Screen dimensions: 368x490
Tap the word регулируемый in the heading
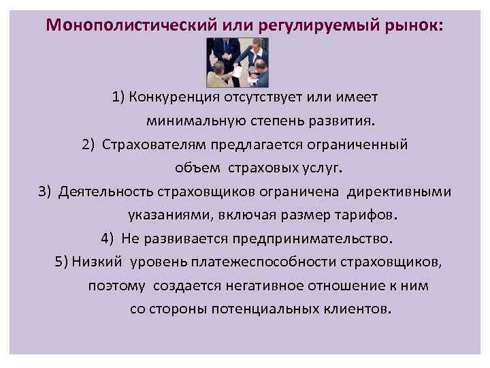click(x=308, y=25)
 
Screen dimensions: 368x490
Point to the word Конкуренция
click(x=174, y=97)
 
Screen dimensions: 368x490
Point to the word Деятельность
click(x=107, y=191)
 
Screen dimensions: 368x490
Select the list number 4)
click(x=108, y=239)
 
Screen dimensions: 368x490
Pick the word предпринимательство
click(x=313, y=239)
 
